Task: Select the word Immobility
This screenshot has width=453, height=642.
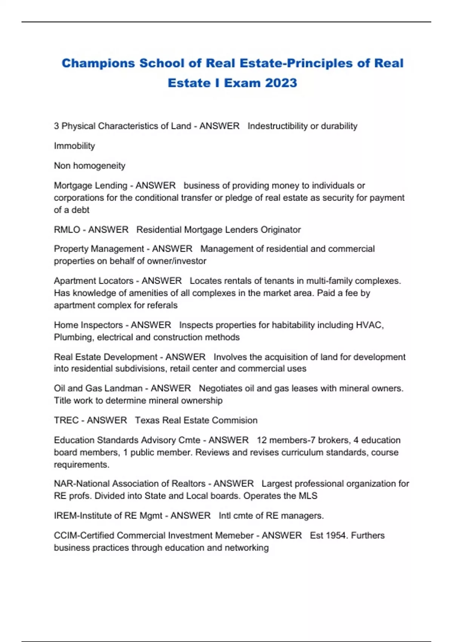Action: (x=74, y=146)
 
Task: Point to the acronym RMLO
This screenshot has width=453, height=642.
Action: (x=67, y=230)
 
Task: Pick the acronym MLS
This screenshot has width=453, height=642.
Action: (x=308, y=495)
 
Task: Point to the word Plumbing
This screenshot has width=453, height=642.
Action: (x=74, y=337)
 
